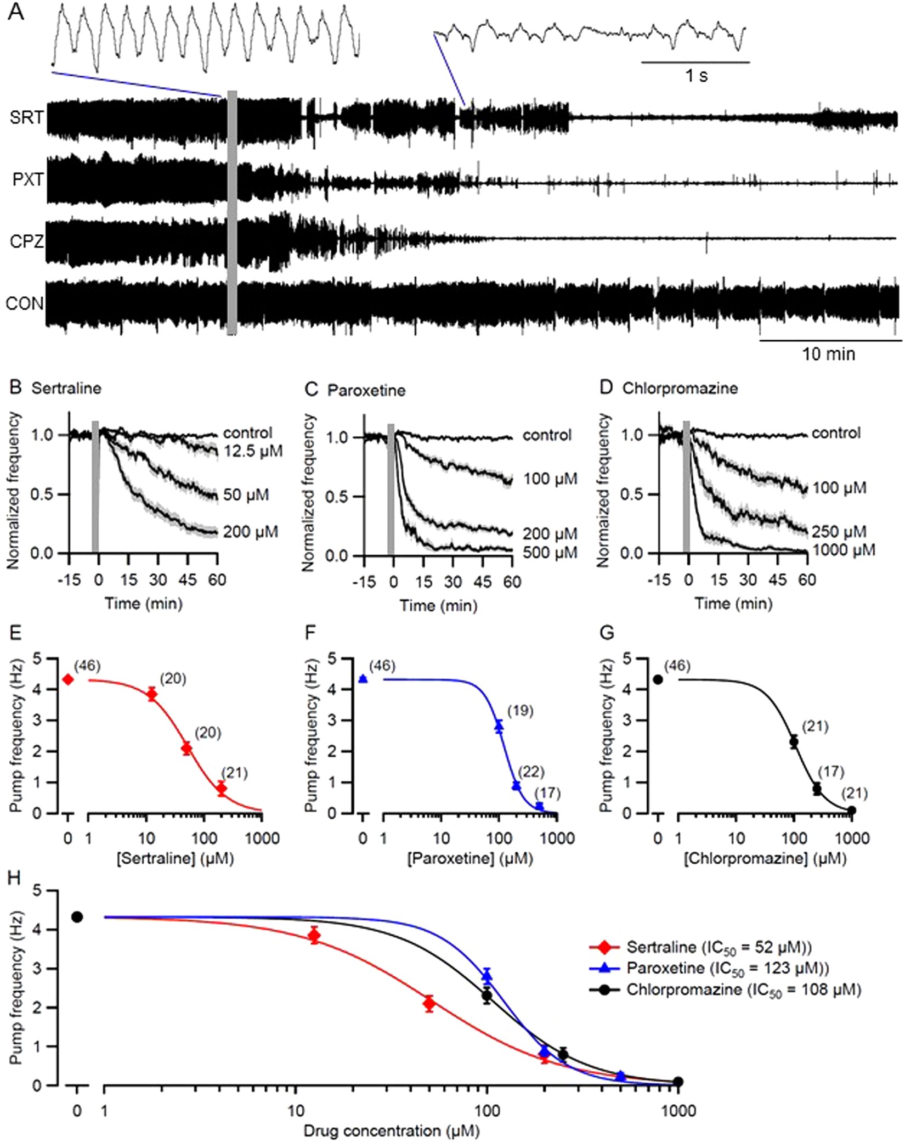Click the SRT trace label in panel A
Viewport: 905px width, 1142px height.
(26, 117)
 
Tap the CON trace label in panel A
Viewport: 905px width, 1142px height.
(24, 303)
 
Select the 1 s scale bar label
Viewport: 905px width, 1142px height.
(696, 76)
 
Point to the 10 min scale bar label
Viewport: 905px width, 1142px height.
(828, 354)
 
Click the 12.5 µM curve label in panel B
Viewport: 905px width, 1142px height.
(253, 451)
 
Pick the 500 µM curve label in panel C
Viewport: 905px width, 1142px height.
(550, 552)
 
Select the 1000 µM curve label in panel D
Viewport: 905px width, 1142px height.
(844, 549)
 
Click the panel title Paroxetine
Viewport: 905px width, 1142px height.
(366, 390)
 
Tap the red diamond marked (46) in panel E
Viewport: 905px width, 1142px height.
(68, 679)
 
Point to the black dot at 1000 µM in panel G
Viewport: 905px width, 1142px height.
(851, 810)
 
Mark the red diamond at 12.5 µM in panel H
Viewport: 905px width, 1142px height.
(314, 936)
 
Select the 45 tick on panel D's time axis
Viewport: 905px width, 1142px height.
(777, 580)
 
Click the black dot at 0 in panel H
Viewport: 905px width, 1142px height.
(77, 916)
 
